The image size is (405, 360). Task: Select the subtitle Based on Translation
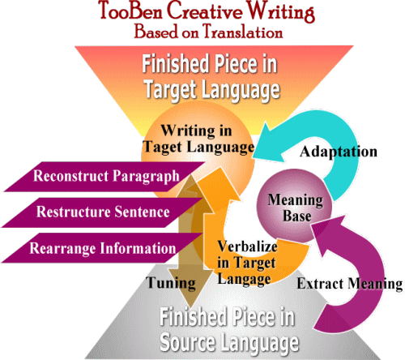coord(208,32)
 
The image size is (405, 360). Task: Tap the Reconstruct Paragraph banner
coord(104,177)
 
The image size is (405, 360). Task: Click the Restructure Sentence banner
coord(103,212)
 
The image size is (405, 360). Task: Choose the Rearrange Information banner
coord(102,248)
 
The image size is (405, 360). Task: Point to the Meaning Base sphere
coord(294,206)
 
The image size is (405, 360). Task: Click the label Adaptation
coord(339,152)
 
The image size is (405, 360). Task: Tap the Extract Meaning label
coord(350,284)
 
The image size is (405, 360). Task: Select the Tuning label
coord(171,283)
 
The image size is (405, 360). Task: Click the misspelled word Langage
coord(244,279)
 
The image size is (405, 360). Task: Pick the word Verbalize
coord(247,246)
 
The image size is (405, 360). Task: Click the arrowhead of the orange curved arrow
coord(221,168)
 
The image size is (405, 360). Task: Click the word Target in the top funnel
coord(170,90)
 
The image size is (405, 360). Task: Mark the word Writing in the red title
coord(281,11)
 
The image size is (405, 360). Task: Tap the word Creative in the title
coord(205,11)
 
